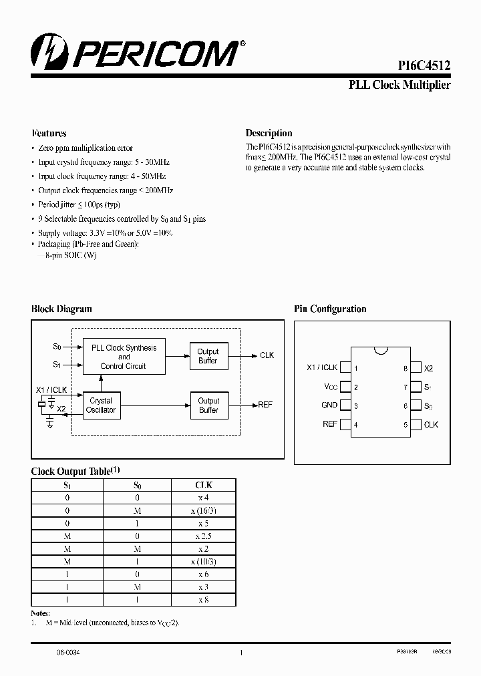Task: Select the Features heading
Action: [49, 133]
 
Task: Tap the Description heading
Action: [269, 133]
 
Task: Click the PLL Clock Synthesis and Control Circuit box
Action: [124, 357]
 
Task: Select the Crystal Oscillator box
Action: [101, 405]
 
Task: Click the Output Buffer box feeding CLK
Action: [208, 356]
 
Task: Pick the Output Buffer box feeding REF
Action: [208, 405]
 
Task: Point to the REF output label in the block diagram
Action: [265, 405]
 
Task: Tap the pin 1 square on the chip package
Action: [345, 367]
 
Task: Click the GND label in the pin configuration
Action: [329, 405]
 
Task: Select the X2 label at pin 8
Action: [429, 368]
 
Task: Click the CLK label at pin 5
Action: [431, 425]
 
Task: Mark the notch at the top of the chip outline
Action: [381, 349]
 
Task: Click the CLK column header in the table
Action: [204, 485]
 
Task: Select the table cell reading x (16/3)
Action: [204, 510]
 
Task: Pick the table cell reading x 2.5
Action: [204, 536]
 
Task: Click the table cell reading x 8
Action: [204, 600]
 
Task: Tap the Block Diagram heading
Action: [61, 309]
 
